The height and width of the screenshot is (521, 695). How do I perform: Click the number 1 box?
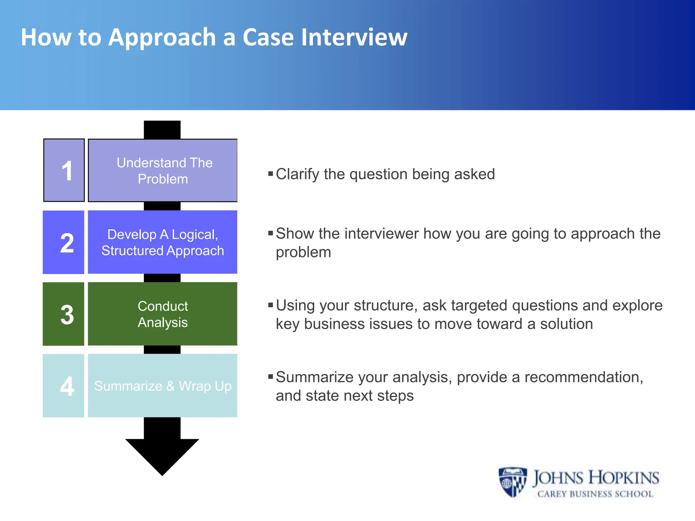click(64, 170)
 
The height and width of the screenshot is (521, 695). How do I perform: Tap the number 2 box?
click(63, 242)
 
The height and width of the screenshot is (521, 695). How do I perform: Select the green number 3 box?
click(63, 314)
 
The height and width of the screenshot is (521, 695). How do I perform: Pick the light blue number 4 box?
click(63, 386)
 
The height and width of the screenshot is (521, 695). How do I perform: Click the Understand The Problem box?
click(163, 170)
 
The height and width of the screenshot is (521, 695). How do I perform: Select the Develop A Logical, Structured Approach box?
click(163, 242)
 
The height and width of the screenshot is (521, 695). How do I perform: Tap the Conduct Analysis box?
click(163, 314)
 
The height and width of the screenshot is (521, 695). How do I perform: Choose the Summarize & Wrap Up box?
click(163, 386)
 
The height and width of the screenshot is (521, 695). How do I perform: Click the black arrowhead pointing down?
click(162, 455)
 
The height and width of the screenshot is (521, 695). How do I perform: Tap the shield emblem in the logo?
click(512, 482)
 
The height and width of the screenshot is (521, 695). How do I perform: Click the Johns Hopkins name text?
click(596, 478)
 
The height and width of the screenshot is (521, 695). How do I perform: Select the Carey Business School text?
click(596, 494)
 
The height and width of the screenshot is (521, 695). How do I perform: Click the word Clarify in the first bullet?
click(298, 174)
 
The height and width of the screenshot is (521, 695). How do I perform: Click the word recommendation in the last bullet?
click(583, 377)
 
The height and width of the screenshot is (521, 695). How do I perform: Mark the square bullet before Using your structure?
click(270, 305)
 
